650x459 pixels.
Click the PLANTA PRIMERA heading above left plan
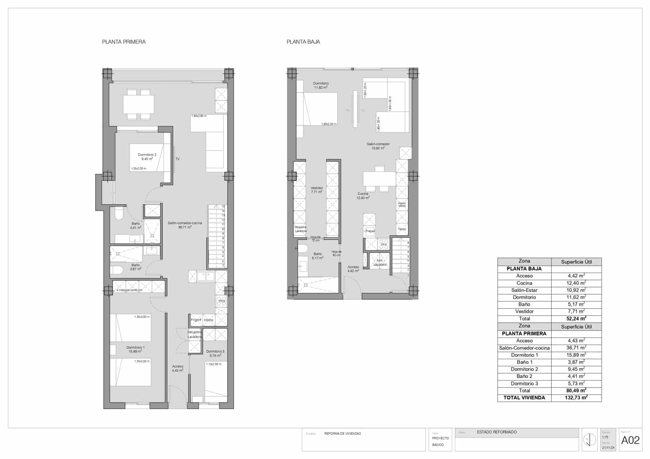click(x=123, y=42)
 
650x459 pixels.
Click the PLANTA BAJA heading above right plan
click(x=303, y=42)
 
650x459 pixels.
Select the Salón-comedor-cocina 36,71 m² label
click(x=184, y=225)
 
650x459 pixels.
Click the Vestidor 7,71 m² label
click(x=316, y=190)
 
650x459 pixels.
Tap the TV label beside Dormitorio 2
click(x=178, y=159)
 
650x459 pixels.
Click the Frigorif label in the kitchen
click(x=196, y=320)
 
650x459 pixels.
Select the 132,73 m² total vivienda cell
click(x=576, y=398)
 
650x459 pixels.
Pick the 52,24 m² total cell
click(x=576, y=319)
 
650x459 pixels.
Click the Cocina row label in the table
click(x=524, y=283)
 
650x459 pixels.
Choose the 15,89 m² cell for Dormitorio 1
click(x=576, y=355)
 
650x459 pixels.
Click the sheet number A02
click(x=630, y=440)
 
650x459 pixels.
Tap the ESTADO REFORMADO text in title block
click(x=496, y=432)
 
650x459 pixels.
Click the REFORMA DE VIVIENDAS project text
click(x=342, y=434)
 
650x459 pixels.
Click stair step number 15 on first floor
click(x=223, y=207)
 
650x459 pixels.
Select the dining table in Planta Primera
click(x=139, y=104)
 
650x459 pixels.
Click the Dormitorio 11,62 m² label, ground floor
click(x=321, y=85)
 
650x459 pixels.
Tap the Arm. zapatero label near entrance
click(x=380, y=263)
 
